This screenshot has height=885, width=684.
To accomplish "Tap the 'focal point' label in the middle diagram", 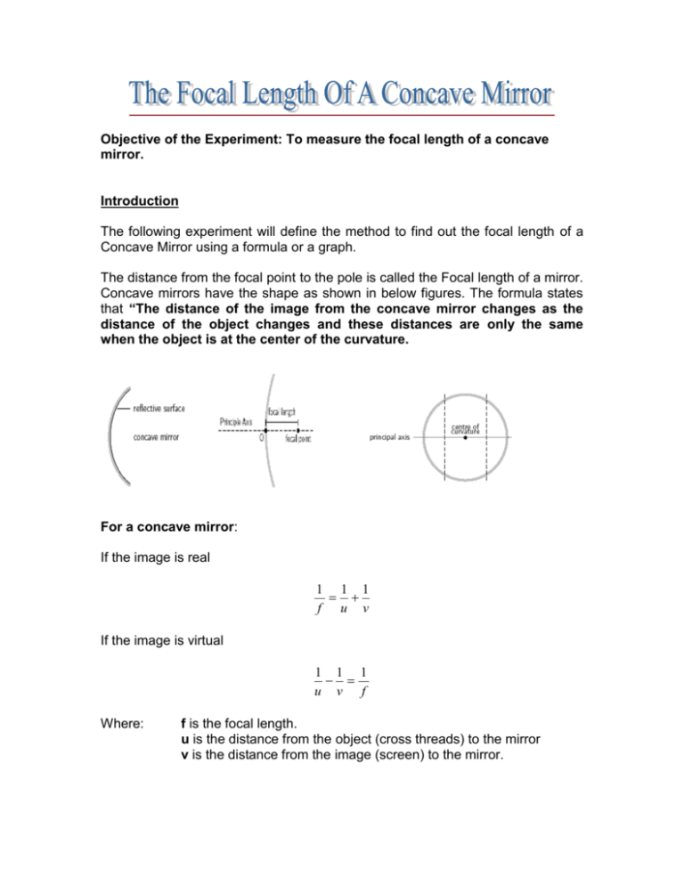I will point(298,439).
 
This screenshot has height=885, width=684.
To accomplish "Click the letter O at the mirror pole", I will point(259,439).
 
